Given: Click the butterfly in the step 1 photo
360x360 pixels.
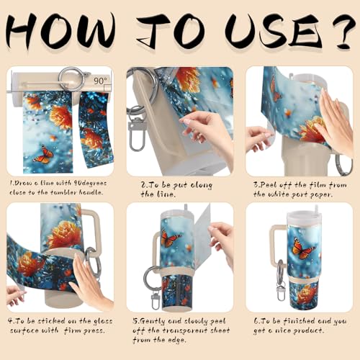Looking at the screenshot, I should pos(44,153).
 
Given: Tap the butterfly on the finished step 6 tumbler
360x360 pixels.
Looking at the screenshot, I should pos(303,249).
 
